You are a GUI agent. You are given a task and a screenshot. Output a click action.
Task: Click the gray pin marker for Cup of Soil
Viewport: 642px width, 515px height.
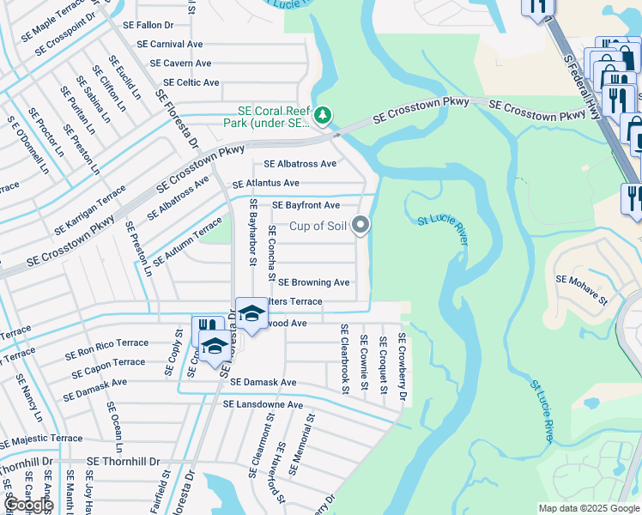[x=361, y=225]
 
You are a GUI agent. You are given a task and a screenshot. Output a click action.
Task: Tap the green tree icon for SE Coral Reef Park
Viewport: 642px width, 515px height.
[x=322, y=114]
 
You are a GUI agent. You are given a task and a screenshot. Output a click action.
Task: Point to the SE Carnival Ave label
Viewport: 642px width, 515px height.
[x=170, y=44]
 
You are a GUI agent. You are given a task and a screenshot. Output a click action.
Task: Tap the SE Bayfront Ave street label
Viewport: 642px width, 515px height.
[x=306, y=206]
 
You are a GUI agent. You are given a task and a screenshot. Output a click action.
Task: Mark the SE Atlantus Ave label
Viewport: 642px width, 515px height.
[x=265, y=183]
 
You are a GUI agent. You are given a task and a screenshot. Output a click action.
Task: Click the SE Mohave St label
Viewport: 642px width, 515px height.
[x=581, y=279]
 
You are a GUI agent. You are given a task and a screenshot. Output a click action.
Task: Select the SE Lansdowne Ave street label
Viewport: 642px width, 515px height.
[x=263, y=404]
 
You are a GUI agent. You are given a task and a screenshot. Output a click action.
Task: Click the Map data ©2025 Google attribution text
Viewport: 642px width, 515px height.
[x=588, y=508]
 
